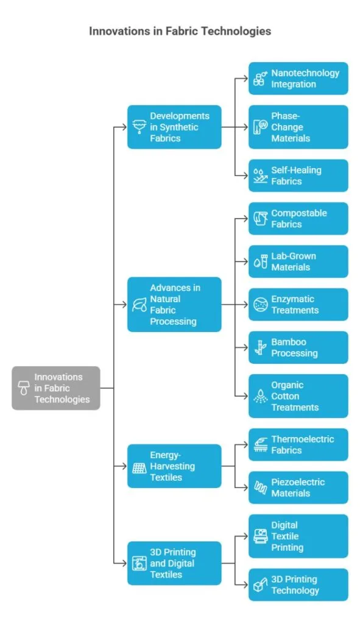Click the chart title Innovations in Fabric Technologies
(180, 30)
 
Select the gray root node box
(55, 388)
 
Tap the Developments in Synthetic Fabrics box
(174, 127)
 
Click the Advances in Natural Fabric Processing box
(174, 304)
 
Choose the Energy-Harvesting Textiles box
(174, 466)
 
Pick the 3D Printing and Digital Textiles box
(174, 563)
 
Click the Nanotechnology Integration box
(298, 79)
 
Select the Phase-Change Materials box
(298, 127)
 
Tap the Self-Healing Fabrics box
(298, 175)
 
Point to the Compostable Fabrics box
(298, 219)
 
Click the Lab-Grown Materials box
(298, 261)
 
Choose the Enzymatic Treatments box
(298, 305)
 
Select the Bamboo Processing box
(298, 347)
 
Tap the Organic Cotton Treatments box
(298, 396)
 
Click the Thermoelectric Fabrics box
(298, 444)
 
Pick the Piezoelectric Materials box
(298, 487)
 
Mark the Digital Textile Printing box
(298, 536)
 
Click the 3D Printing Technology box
(298, 584)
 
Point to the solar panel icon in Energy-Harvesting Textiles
(138, 467)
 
